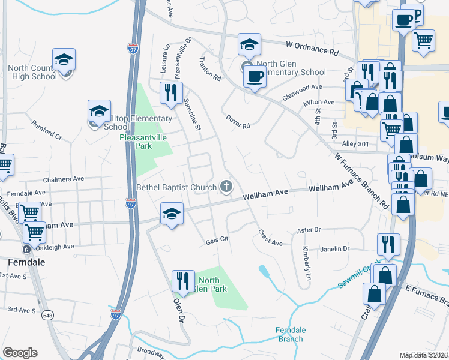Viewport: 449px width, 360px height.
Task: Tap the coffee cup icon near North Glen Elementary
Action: [x=255, y=77]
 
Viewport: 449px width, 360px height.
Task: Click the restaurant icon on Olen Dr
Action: [x=182, y=281]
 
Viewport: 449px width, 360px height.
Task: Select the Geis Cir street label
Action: [x=217, y=239]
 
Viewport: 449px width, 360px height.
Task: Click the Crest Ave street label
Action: [x=270, y=238]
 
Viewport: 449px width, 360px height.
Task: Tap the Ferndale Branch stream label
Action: [x=291, y=335]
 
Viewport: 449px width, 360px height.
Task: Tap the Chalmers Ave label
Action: [x=64, y=179]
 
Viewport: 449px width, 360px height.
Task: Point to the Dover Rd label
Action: [x=238, y=121]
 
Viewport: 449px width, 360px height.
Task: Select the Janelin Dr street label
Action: [x=335, y=248]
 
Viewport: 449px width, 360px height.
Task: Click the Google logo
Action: [x=20, y=353]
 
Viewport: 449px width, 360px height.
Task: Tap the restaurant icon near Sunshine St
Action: [x=171, y=93]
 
